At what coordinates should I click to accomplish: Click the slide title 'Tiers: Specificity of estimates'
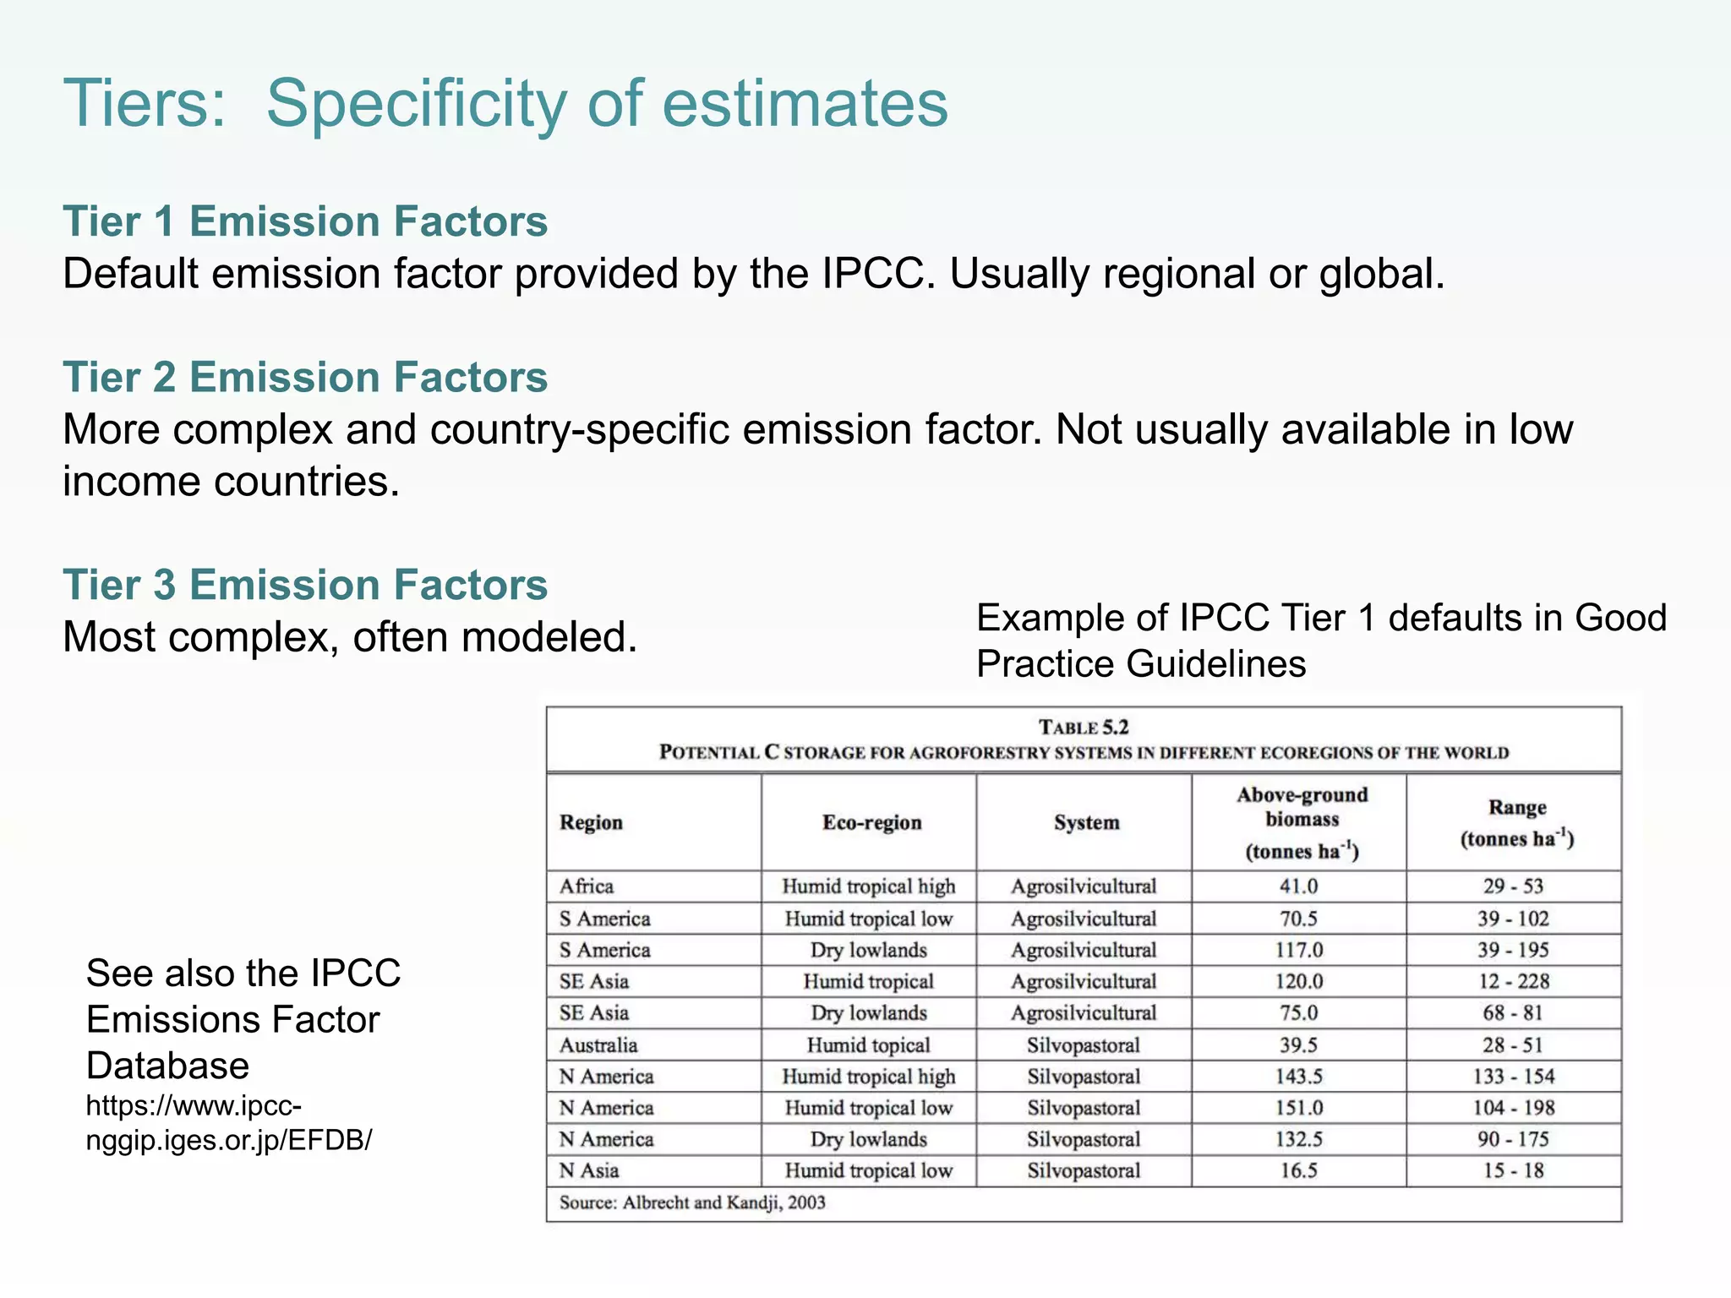[x=505, y=103]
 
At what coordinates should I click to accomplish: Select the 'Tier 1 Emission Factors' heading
[x=305, y=221]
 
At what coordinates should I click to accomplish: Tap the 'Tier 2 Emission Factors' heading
[x=305, y=377]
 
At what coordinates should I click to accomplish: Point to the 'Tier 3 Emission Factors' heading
[x=305, y=585]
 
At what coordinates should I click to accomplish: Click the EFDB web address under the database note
[x=228, y=1122]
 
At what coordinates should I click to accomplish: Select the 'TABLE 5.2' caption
[x=1084, y=728]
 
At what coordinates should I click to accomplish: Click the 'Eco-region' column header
[x=871, y=822]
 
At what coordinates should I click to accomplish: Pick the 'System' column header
[x=1086, y=822]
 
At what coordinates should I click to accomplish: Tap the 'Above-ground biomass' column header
[x=1302, y=807]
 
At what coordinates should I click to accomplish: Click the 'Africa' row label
[x=587, y=886]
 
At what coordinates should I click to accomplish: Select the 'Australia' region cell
[x=598, y=1045]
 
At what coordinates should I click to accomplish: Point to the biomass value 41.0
[x=1298, y=886]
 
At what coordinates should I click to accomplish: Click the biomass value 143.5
[x=1298, y=1077]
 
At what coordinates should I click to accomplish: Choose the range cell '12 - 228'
[x=1514, y=981]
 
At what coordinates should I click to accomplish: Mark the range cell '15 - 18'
[x=1514, y=1170]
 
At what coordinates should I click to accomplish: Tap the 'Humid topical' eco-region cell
[x=868, y=1045]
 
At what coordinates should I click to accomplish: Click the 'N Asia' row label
[x=589, y=1170]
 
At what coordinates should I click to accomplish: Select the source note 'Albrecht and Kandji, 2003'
[x=724, y=1203]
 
